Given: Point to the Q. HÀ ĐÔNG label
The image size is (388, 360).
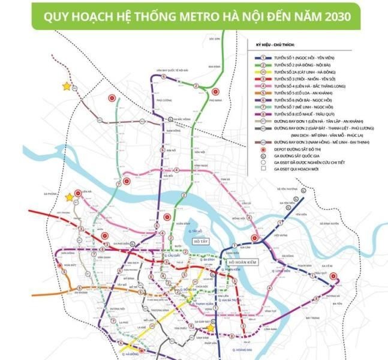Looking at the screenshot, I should (127, 355).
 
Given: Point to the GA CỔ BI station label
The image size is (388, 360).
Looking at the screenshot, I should (326, 265).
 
